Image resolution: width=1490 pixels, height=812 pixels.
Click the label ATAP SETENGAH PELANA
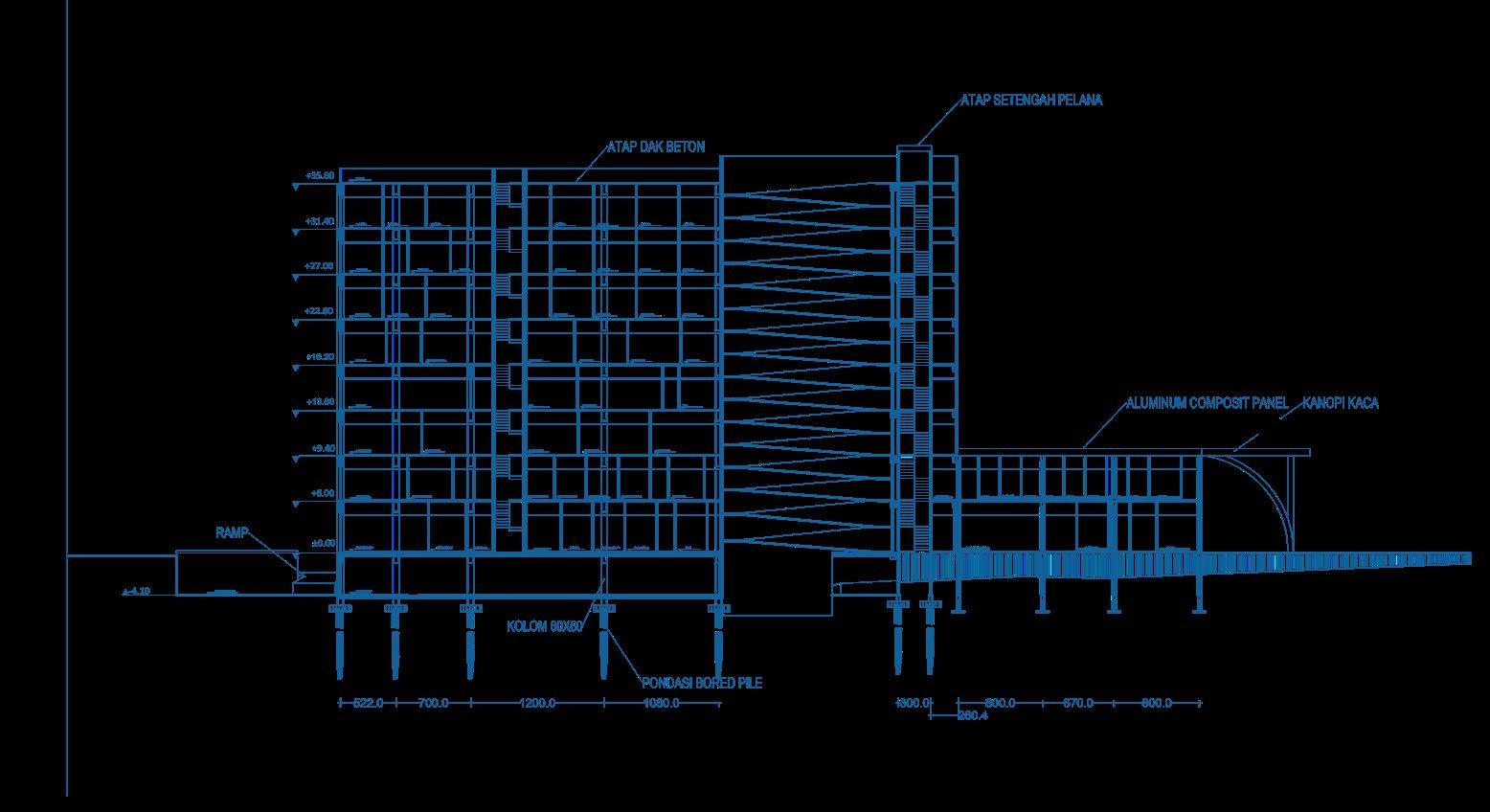[1031, 100]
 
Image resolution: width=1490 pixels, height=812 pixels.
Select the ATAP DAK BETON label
[656, 147]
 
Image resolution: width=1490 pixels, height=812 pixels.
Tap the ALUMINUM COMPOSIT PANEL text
[1207, 404]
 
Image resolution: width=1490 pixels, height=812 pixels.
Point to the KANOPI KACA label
[1340, 404]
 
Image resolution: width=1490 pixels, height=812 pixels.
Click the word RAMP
[232, 532]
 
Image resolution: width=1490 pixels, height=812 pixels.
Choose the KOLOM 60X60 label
[544, 627]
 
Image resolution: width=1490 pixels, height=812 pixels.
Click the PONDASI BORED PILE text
[702, 684]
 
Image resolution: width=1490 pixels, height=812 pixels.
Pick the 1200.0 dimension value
[537, 704]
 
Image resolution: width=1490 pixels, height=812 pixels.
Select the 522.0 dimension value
[368, 704]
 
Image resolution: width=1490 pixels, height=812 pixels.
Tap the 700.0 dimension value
[433, 704]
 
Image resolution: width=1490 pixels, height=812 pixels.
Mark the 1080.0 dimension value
[661, 704]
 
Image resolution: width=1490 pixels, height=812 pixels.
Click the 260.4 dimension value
[972, 715]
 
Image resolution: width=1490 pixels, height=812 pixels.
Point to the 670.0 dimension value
[1077, 704]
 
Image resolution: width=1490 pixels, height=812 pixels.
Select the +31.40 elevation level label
[320, 221]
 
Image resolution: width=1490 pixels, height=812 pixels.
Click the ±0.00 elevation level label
[323, 543]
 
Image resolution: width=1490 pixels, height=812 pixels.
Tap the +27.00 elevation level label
[320, 266]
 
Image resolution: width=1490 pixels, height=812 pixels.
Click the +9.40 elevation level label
[322, 448]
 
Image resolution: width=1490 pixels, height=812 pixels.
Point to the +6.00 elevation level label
[322, 493]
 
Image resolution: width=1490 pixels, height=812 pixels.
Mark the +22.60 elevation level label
[320, 311]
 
